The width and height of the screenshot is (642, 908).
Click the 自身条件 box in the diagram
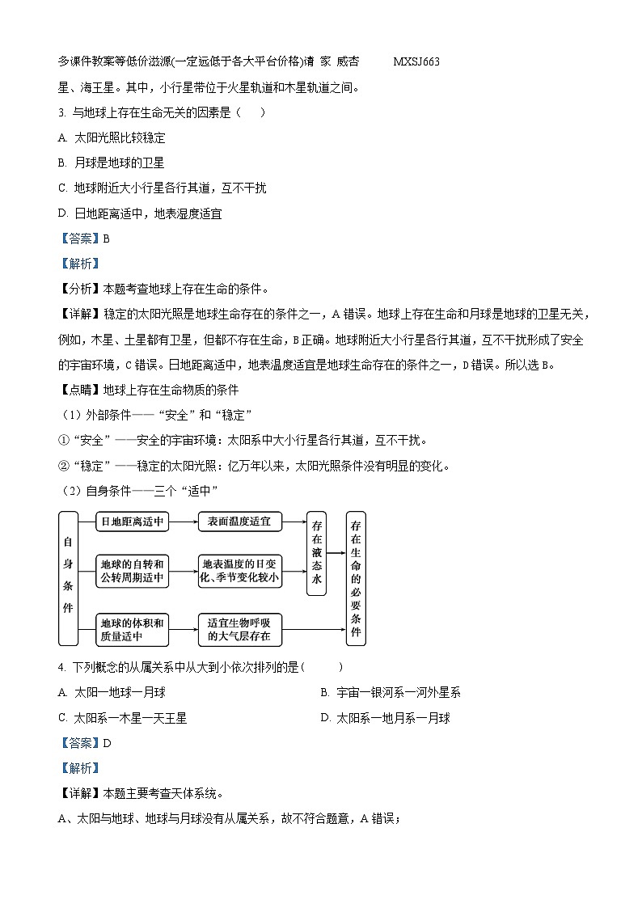[x=68, y=577]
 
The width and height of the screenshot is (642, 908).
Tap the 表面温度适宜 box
[x=239, y=522]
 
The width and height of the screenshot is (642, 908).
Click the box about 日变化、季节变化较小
[x=239, y=571]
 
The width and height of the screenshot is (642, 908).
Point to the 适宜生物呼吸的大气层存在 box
[x=239, y=629]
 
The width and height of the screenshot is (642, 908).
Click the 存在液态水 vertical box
[x=316, y=553]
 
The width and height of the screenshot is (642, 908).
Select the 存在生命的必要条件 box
[x=355, y=578]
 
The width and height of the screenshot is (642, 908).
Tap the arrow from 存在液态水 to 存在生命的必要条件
[x=336, y=554]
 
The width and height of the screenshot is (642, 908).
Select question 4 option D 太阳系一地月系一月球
[x=385, y=718]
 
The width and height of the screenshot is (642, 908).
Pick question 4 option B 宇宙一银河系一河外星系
[x=391, y=692]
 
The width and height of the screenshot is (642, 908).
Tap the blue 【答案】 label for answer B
[x=78, y=239]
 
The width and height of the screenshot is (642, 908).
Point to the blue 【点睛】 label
[x=78, y=389]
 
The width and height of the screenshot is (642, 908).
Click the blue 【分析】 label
[x=78, y=289]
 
